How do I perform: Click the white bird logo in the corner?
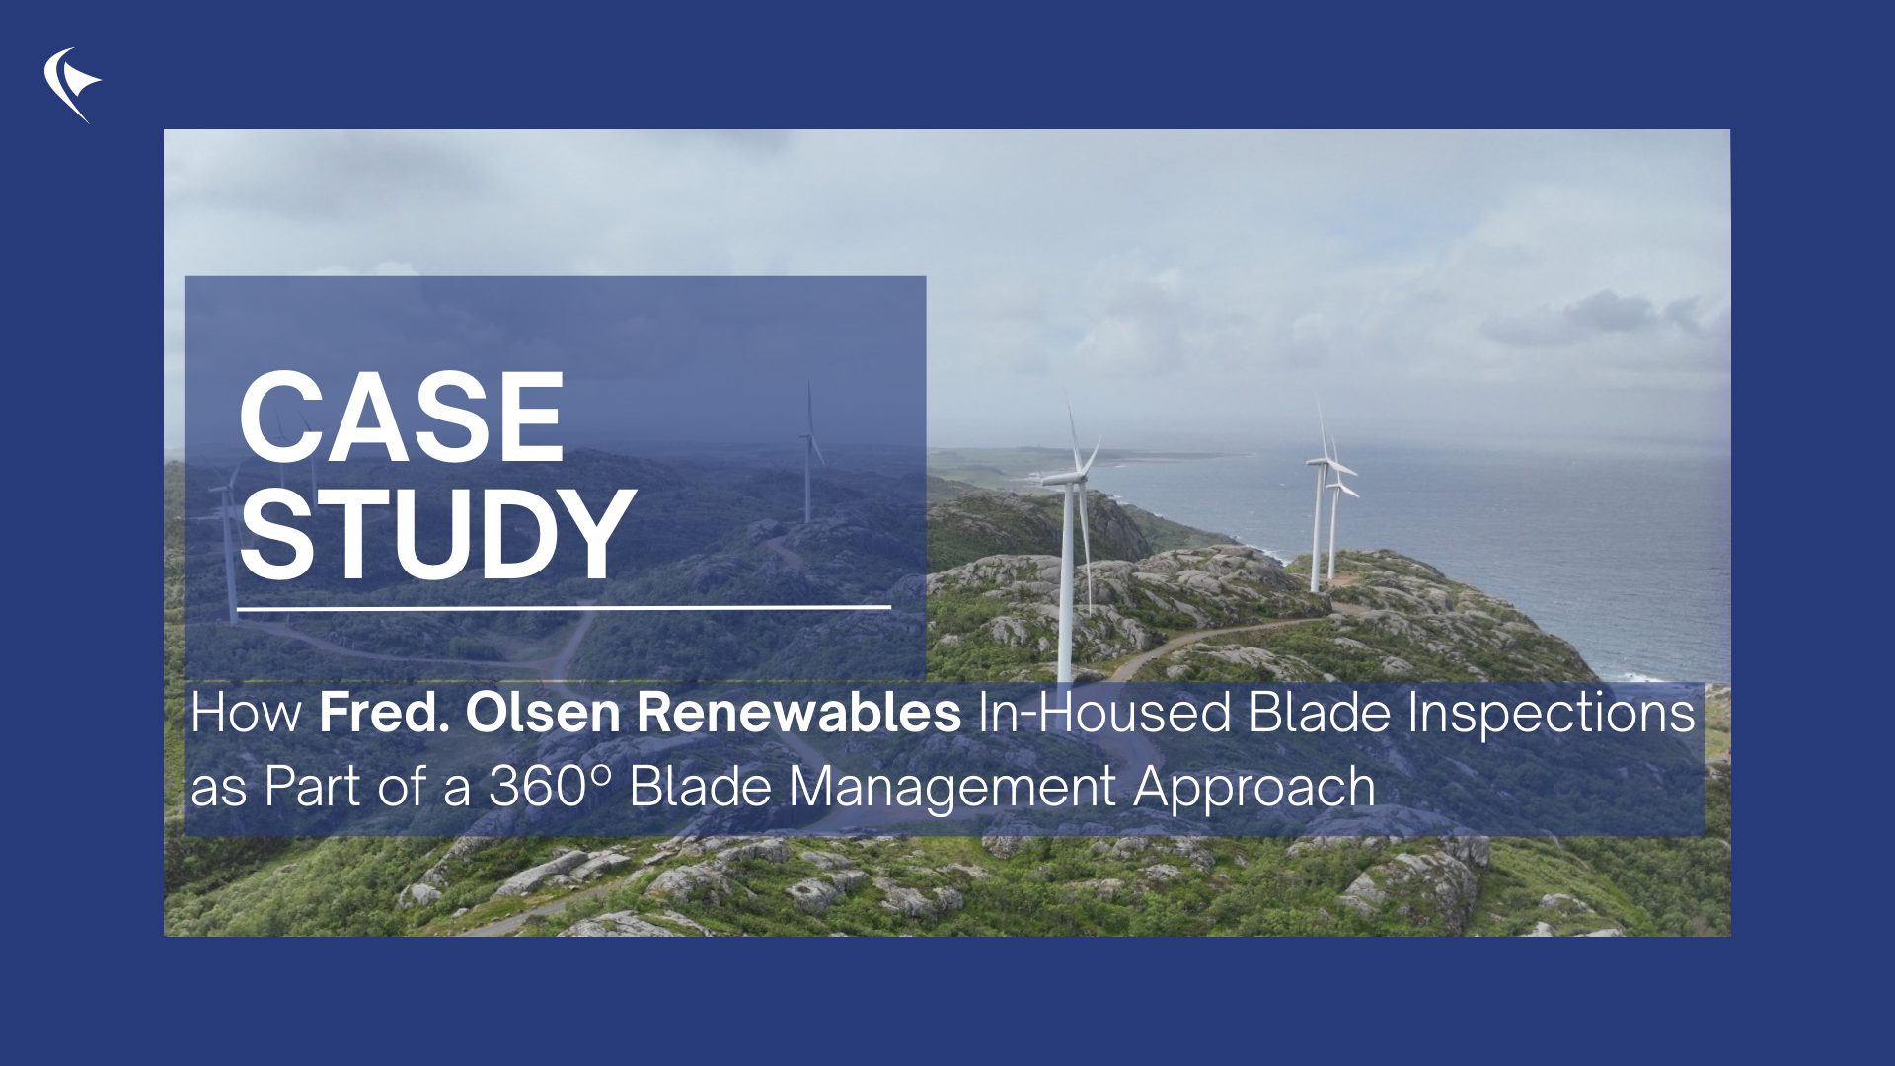pyautogui.click(x=71, y=84)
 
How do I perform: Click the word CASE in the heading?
pyautogui.click(x=401, y=418)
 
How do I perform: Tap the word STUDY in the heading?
pyautogui.click(x=436, y=534)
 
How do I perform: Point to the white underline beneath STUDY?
pyautogui.click(x=564, y=608)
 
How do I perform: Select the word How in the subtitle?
pyautogui.click(x=246, y=713)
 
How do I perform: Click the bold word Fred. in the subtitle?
pyautogui.click(x=384, y=713)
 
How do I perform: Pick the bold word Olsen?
pyautogui.click(x=542, y=713)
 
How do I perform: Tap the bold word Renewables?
pyautogui.click(x=798, y=713)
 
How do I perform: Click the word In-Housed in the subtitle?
pyautogui.click(x=1104, y=713)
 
